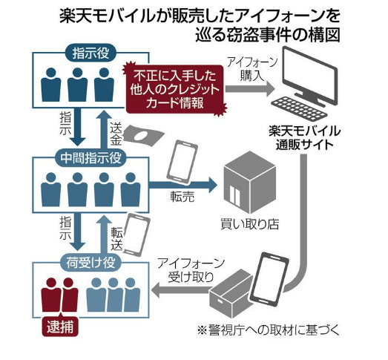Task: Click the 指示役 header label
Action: point(91,53)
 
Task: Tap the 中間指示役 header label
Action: point(91,157)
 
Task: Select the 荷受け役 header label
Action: point(91,263)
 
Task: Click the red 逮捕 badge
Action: point(60,327)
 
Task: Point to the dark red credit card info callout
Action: point(174,89)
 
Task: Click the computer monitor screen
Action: point(310,75)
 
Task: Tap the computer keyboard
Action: point(299,109)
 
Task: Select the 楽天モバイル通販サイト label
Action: point(304,138)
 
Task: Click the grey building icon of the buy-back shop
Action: point(250,183)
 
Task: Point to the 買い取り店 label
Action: point(250,224)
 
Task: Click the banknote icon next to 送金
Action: point(143,135)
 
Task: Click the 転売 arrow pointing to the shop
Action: point(183,186)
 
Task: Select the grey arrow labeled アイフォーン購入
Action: point(250,89)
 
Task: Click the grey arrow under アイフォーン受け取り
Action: point(182,290)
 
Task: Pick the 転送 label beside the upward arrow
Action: point(116,238)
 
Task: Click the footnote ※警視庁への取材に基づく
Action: point(269,330)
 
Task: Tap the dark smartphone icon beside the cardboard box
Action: point(270,278)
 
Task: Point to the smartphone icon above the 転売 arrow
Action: point(183,162)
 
